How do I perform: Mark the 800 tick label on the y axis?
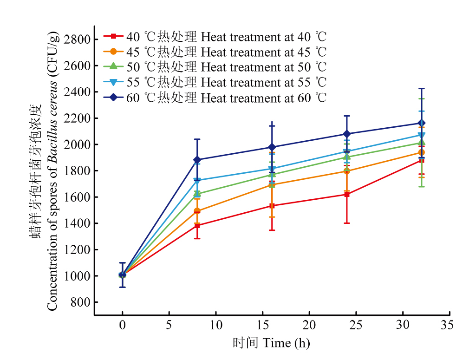79,302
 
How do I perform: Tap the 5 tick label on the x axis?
169,325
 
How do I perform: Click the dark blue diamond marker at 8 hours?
197,160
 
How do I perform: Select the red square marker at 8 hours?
197,226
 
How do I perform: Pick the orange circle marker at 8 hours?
197,211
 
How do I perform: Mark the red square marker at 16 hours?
272,206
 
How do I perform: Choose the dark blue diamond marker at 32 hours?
422,123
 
